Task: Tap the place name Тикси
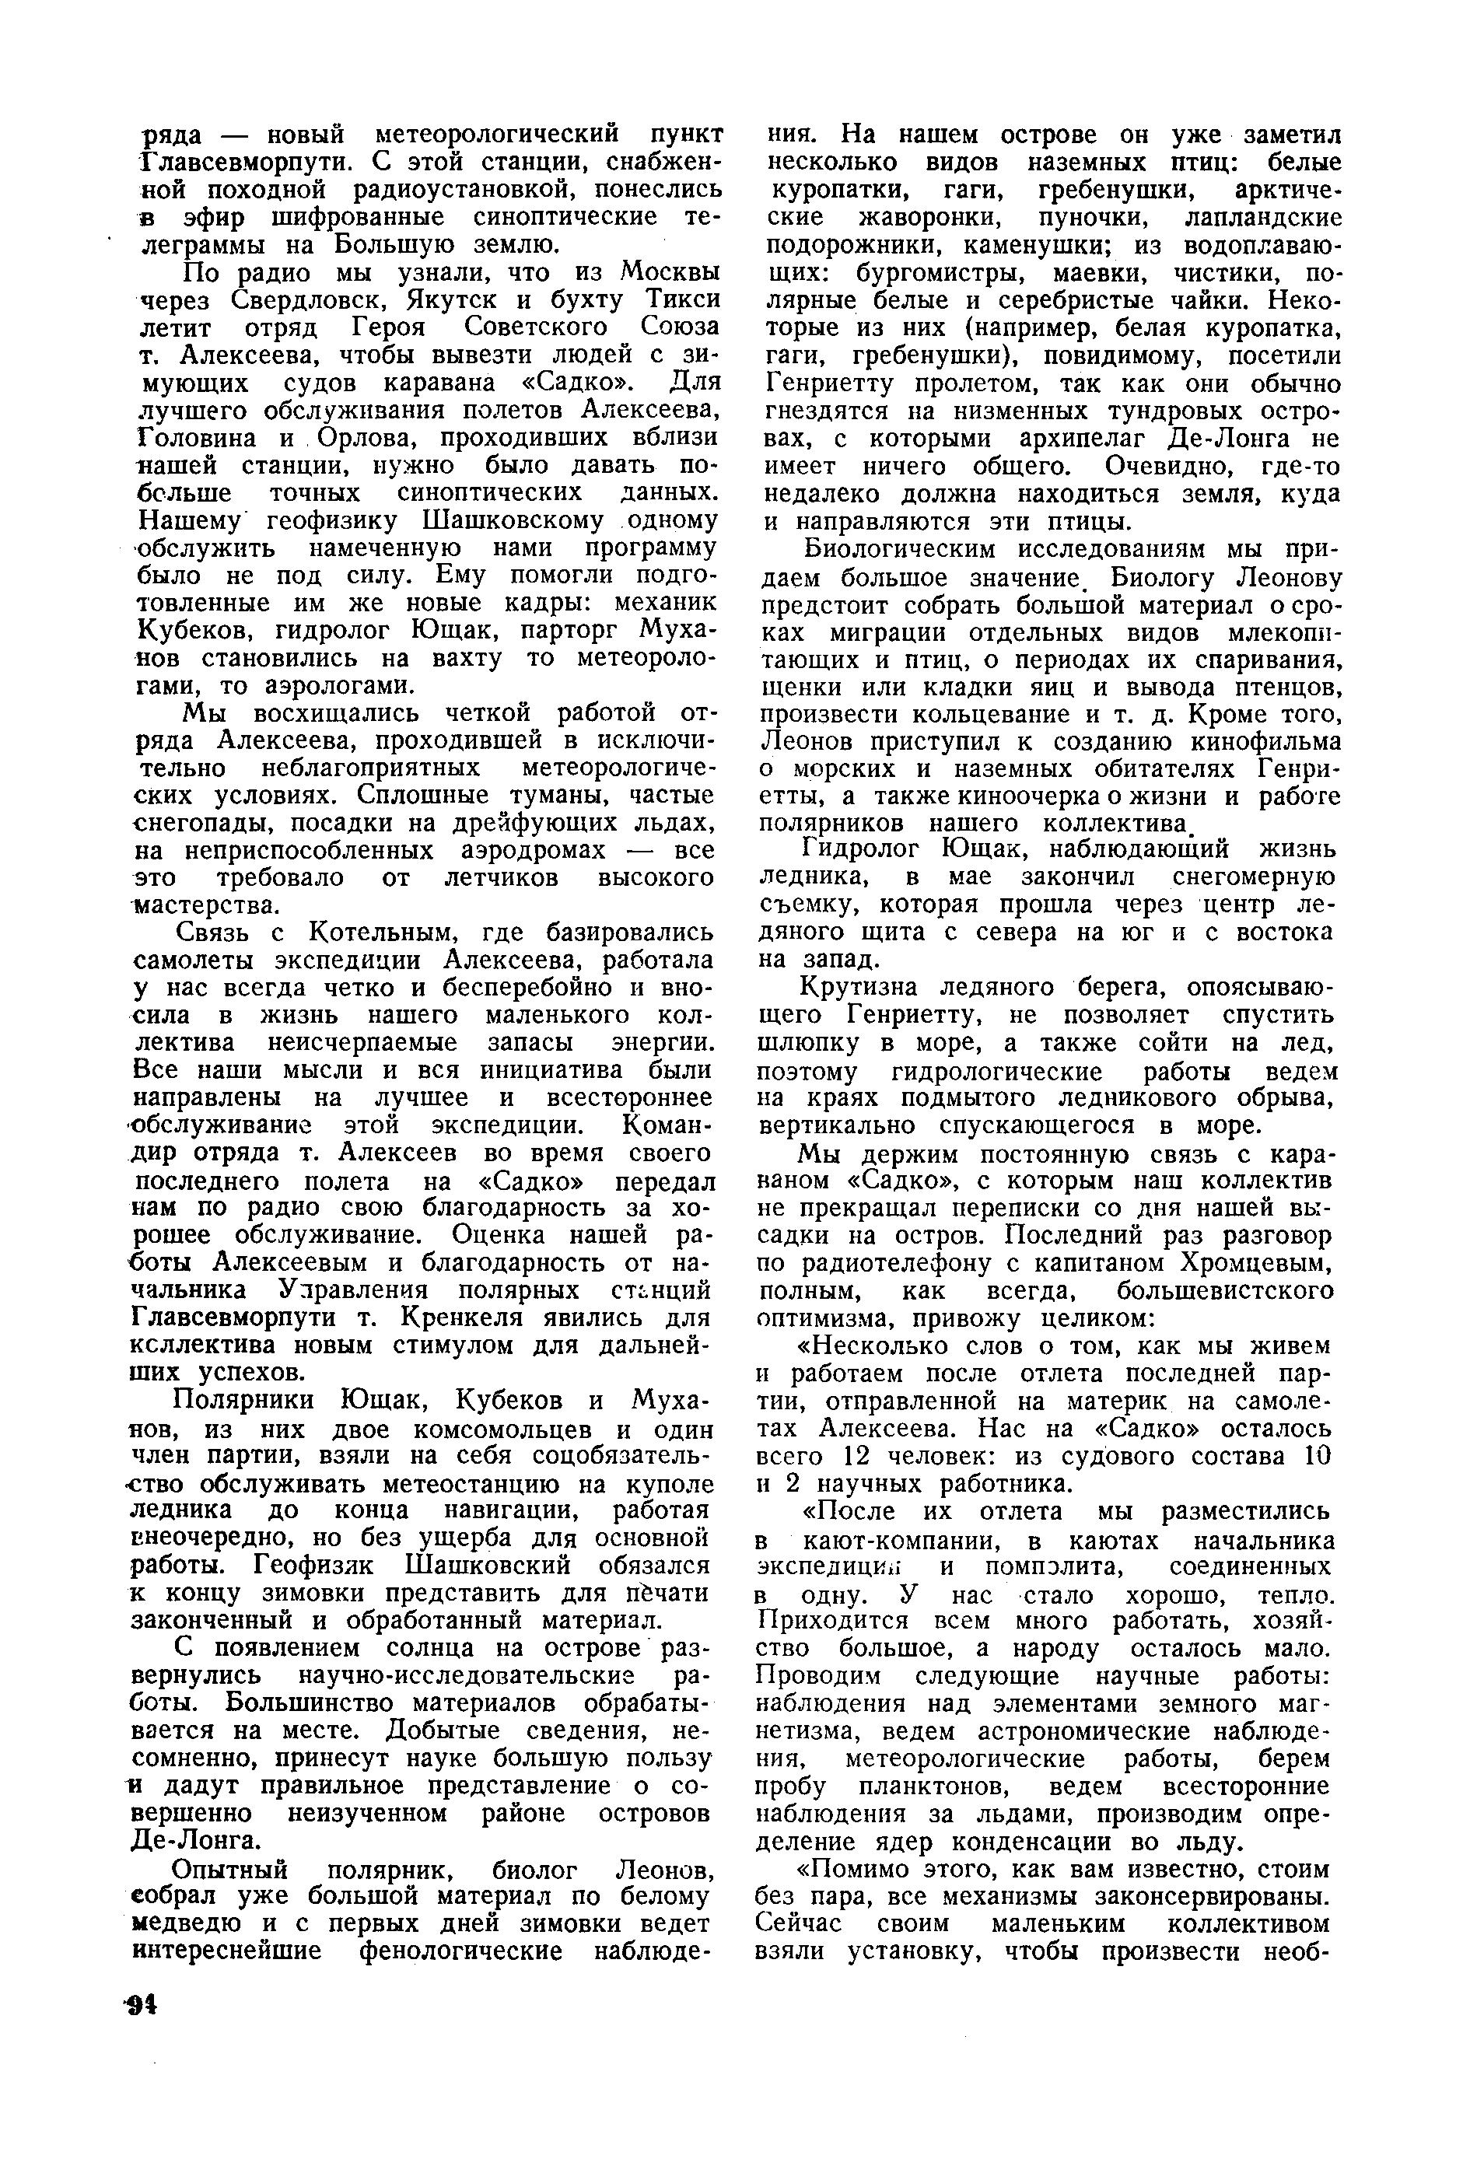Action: (683, 301)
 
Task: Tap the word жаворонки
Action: (928, 220)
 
